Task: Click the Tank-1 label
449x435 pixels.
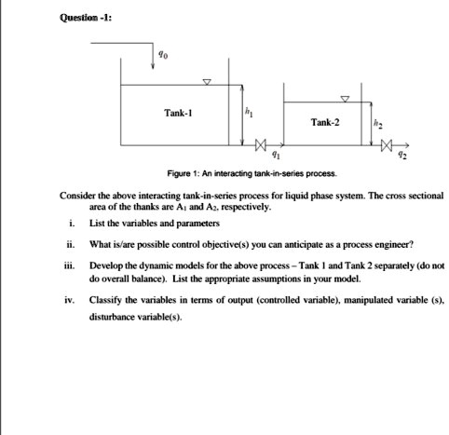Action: click(179, 113)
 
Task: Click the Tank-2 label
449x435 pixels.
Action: click(325, 122)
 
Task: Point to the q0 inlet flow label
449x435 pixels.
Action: click(165, 55)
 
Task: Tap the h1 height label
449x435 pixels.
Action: click(249, 113)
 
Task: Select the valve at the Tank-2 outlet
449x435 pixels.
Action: click(387, 145)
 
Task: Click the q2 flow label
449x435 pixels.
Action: click(402, 157)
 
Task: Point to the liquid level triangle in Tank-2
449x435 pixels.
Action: click(346, 97)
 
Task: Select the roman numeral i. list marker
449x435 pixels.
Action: click(72, 224)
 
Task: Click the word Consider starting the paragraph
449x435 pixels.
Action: click(78, 197)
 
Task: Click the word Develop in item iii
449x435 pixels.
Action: click(106, 266)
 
